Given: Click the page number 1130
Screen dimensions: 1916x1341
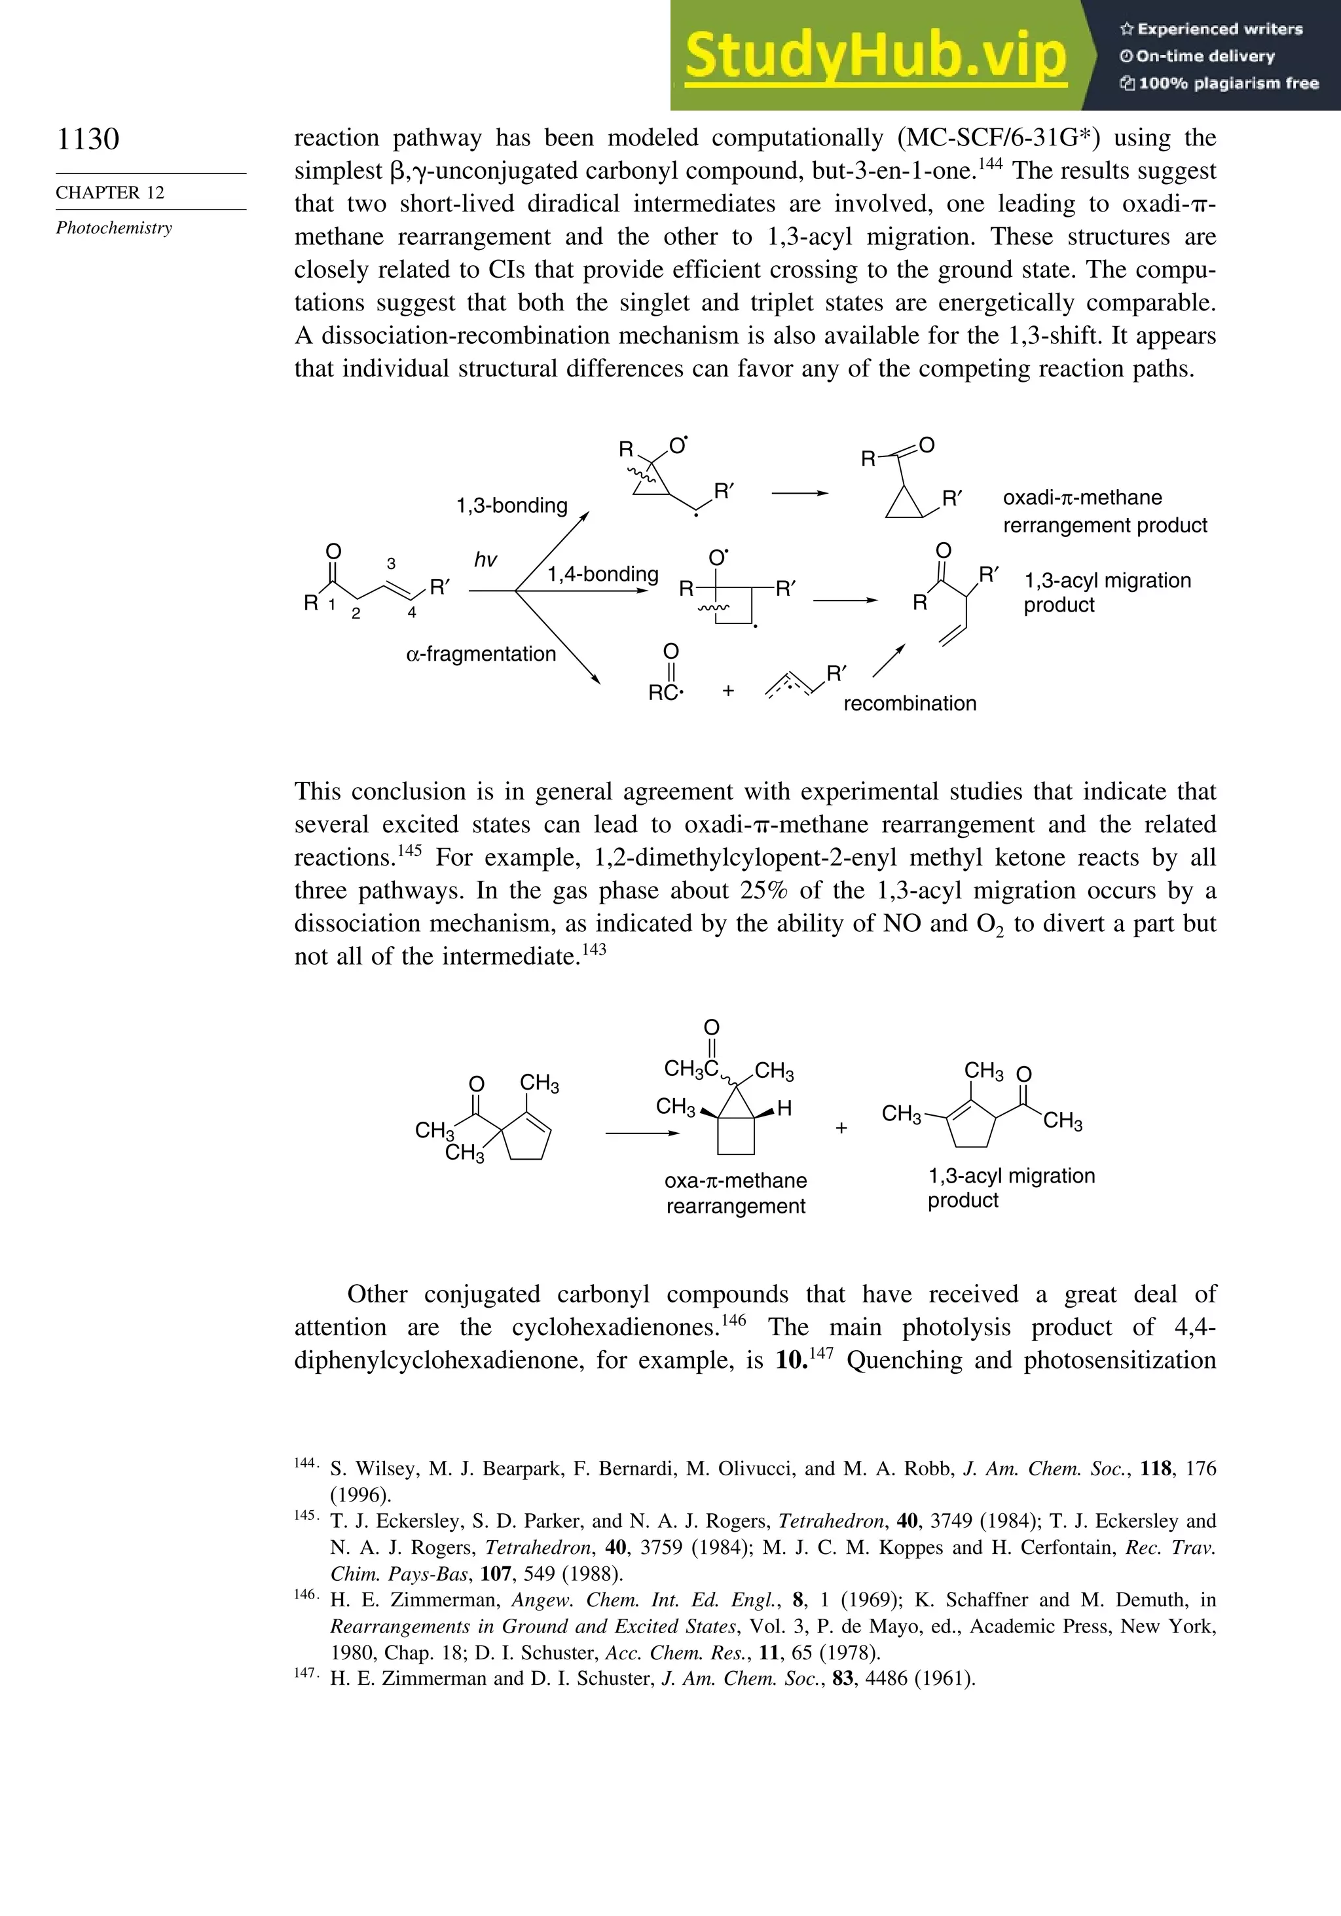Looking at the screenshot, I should point(88,139).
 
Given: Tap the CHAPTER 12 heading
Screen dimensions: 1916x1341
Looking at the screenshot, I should point(110,193).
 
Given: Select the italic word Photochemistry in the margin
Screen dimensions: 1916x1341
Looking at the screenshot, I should point(115,228).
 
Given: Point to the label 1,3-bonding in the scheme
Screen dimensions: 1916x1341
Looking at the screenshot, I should point(511,506).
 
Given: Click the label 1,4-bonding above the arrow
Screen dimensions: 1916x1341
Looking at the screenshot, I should point(602,574).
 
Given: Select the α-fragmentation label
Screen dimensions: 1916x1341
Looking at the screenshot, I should point(481,654).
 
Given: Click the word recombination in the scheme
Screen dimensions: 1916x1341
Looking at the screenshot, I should point(909,703).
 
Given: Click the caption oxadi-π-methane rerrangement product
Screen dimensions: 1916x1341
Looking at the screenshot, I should point(1104,511).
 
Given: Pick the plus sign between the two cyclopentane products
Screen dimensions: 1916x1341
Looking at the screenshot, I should point(841,1128).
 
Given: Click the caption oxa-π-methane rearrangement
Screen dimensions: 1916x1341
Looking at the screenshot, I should point(735,1193).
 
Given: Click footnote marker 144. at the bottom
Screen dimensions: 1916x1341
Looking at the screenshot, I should point(305,1463).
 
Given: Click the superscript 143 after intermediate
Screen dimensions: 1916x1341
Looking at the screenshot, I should point(593,949).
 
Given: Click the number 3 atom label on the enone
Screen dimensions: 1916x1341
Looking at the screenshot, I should point(392,564).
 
